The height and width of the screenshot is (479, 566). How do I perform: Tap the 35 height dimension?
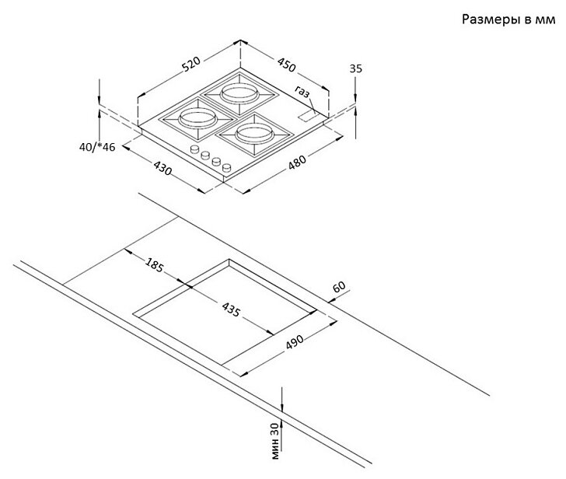point(356,69)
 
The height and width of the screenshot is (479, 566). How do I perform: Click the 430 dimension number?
point(162,167)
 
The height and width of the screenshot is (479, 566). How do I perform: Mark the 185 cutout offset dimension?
point(154,265)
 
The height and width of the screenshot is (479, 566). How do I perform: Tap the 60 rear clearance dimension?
point(339,288)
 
